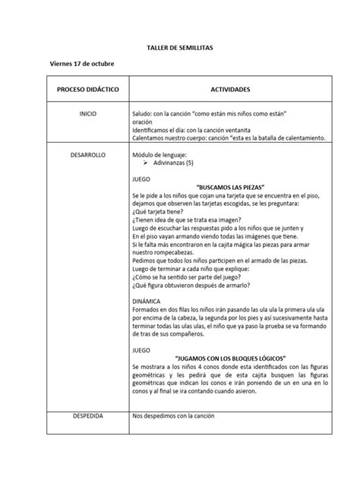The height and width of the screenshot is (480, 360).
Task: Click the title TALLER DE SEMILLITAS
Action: tap(180, 46)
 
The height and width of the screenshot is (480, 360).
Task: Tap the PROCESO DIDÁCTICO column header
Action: tap(87, 89)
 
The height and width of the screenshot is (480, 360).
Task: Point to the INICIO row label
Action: tap(87, 113)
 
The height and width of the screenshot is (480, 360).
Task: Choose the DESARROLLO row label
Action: tap(87, 154)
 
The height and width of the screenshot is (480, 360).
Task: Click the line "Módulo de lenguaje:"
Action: tap(158, 154)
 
